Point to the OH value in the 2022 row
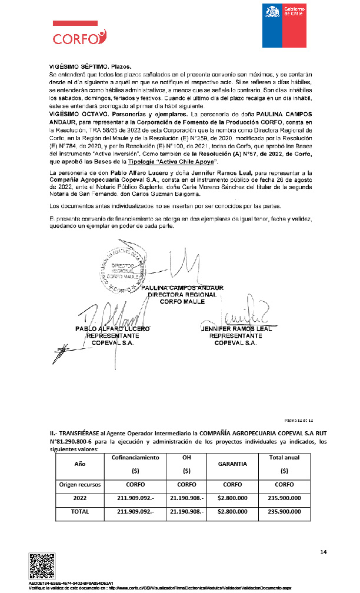[x=186, y=498]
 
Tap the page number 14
[x=323, y=552]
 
